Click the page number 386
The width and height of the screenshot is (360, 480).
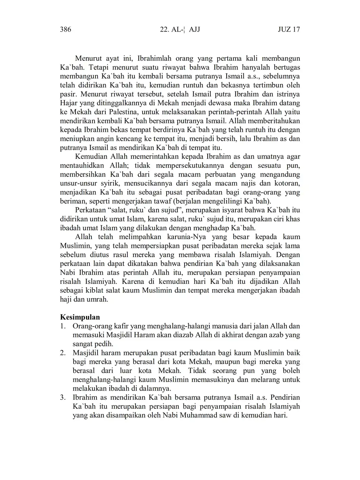pos(65,29)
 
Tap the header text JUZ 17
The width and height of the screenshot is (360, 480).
pos(289,29)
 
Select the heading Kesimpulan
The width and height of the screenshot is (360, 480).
pos(80,317)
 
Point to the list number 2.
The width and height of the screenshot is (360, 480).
pos(63,353)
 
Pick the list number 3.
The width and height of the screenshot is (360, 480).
pos(63,397)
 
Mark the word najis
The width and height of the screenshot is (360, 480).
pos(247,183)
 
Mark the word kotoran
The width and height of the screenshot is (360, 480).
pos(285,183)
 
